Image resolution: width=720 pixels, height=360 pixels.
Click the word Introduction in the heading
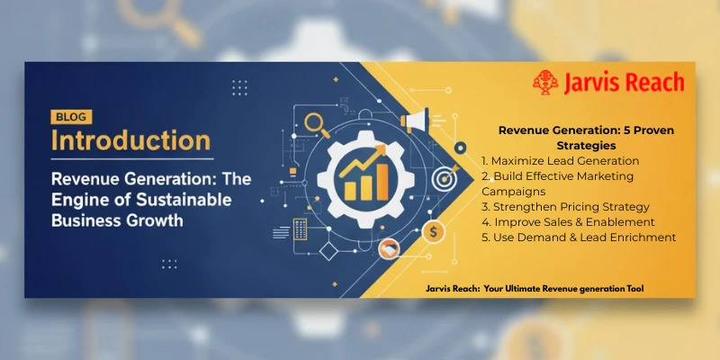[130, 141]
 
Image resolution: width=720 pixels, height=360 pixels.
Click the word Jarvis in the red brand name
[592, 83]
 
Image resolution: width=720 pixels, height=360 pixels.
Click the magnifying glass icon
[317, 121]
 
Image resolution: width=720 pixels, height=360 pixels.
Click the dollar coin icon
[434, 232]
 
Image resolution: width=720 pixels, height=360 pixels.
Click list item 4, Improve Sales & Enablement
[568, 221]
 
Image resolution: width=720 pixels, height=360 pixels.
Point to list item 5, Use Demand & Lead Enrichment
[579, 237]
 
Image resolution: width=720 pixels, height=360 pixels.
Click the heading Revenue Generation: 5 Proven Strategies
[586, 137]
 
